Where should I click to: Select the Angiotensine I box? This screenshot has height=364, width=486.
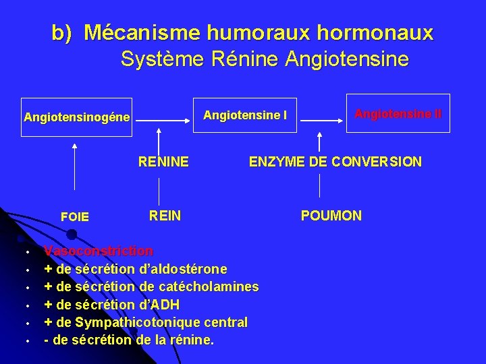pos(245,115)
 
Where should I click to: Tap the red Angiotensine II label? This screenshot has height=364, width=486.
pos(398,114)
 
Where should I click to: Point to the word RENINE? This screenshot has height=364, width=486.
pos(163,162)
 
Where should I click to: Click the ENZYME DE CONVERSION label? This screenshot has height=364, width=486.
pos(335,162)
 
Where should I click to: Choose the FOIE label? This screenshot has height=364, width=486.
pos(74,217)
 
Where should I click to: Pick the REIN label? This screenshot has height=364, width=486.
pos(165,216)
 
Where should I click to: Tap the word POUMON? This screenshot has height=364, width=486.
pos(331,216)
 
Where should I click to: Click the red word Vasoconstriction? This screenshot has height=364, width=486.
pos(99,251)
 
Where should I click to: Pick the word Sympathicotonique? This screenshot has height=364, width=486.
pos(134,322)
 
